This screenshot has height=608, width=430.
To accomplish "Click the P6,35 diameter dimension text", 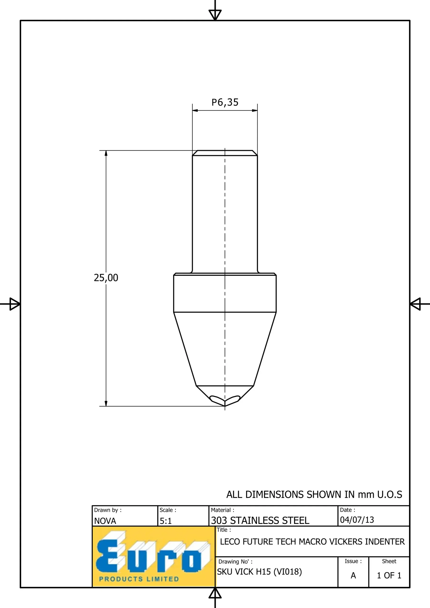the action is coord(225,102).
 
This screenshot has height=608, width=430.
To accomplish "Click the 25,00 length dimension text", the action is coord(106,278).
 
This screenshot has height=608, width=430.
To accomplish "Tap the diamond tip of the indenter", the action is coord(225,406).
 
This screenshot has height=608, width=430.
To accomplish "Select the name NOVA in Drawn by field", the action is coord(105,521).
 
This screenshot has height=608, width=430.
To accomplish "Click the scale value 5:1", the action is coord(166,521).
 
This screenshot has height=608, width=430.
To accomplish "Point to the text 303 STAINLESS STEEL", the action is coord(260,520).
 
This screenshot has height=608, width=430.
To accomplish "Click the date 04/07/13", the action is coord(357,520).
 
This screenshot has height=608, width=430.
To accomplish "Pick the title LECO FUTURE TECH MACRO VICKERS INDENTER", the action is coord(312,541).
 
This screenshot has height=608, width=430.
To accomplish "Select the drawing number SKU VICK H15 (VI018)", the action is coord(259,572).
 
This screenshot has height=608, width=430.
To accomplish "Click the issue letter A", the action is coord(353,575).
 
